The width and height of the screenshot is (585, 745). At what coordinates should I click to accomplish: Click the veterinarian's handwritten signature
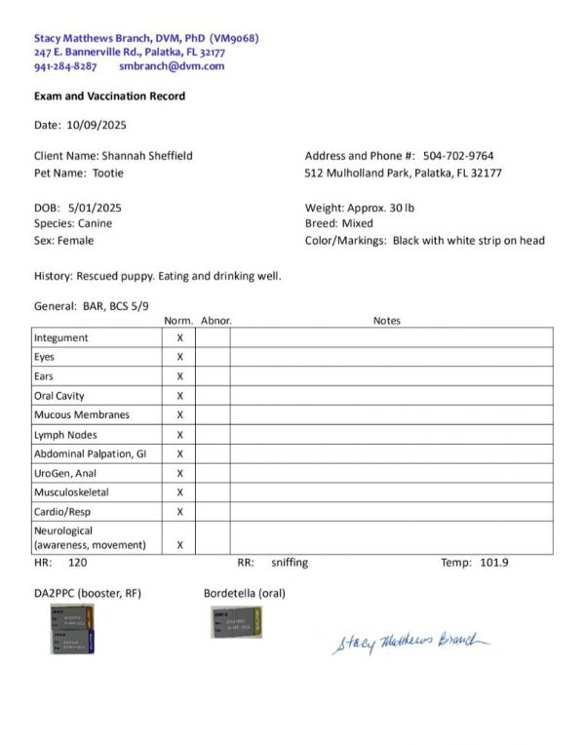[409, 642]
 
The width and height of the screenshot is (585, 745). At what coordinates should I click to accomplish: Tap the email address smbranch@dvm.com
[172, 66]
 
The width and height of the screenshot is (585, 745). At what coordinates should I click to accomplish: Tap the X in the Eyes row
[179, 357]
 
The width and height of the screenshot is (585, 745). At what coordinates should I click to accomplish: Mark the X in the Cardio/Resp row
[179, 512]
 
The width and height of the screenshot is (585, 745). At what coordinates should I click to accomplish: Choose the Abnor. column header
[215, 321]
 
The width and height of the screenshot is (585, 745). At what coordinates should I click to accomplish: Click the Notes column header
[386, 321]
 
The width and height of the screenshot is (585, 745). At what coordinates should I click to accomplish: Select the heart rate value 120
[77, 563]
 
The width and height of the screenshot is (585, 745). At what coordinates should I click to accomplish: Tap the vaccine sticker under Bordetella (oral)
[235, 622]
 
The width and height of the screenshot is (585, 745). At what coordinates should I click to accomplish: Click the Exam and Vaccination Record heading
[109, 97]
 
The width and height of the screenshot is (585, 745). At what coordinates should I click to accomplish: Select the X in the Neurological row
[179, 545]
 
